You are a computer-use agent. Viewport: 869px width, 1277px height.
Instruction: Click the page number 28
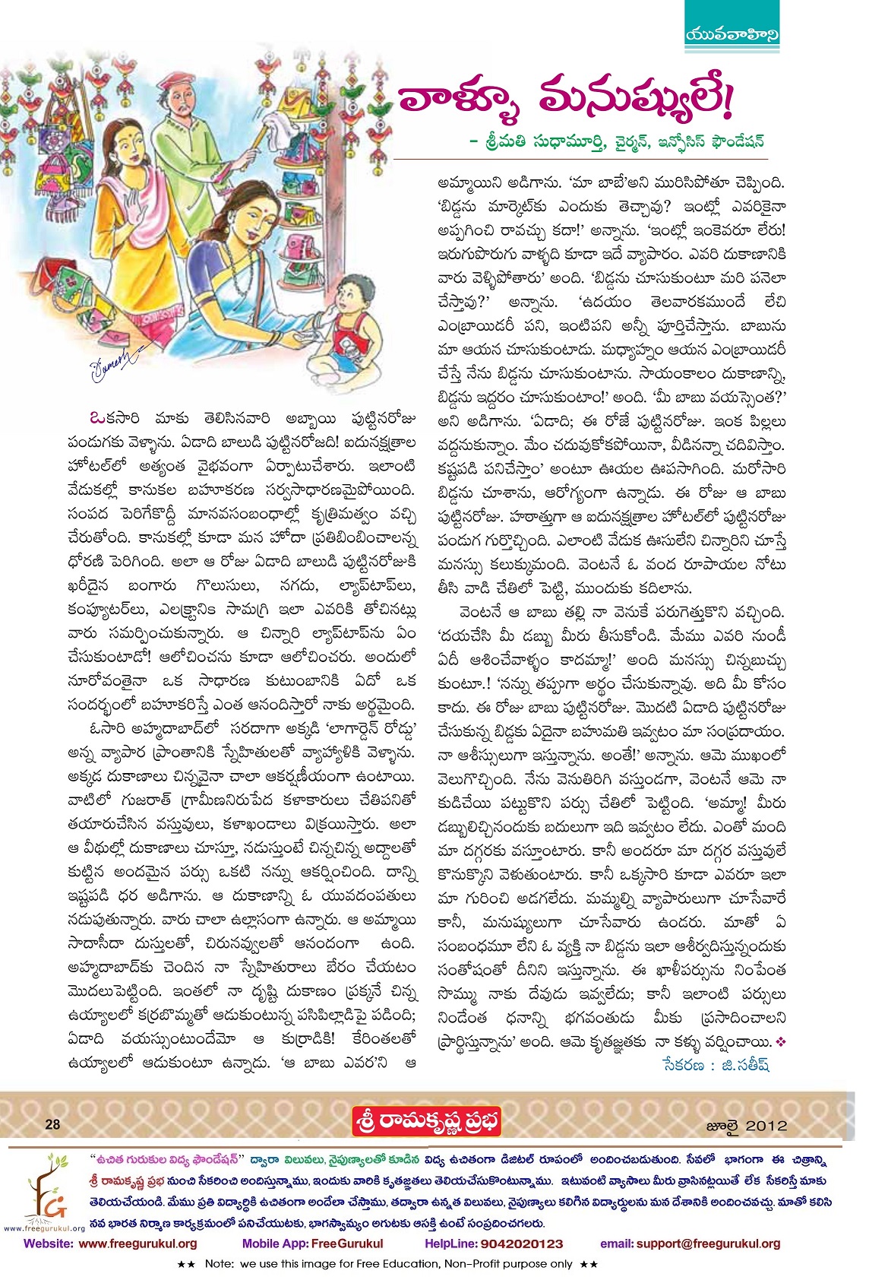click(52, 1125)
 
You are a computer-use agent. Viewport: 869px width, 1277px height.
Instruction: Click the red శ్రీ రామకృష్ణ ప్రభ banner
click(426, 1123)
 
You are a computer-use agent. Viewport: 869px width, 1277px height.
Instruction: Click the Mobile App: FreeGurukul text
click(312, 1244)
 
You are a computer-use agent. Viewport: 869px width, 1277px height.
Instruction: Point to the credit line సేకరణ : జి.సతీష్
click(715, 1065)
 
